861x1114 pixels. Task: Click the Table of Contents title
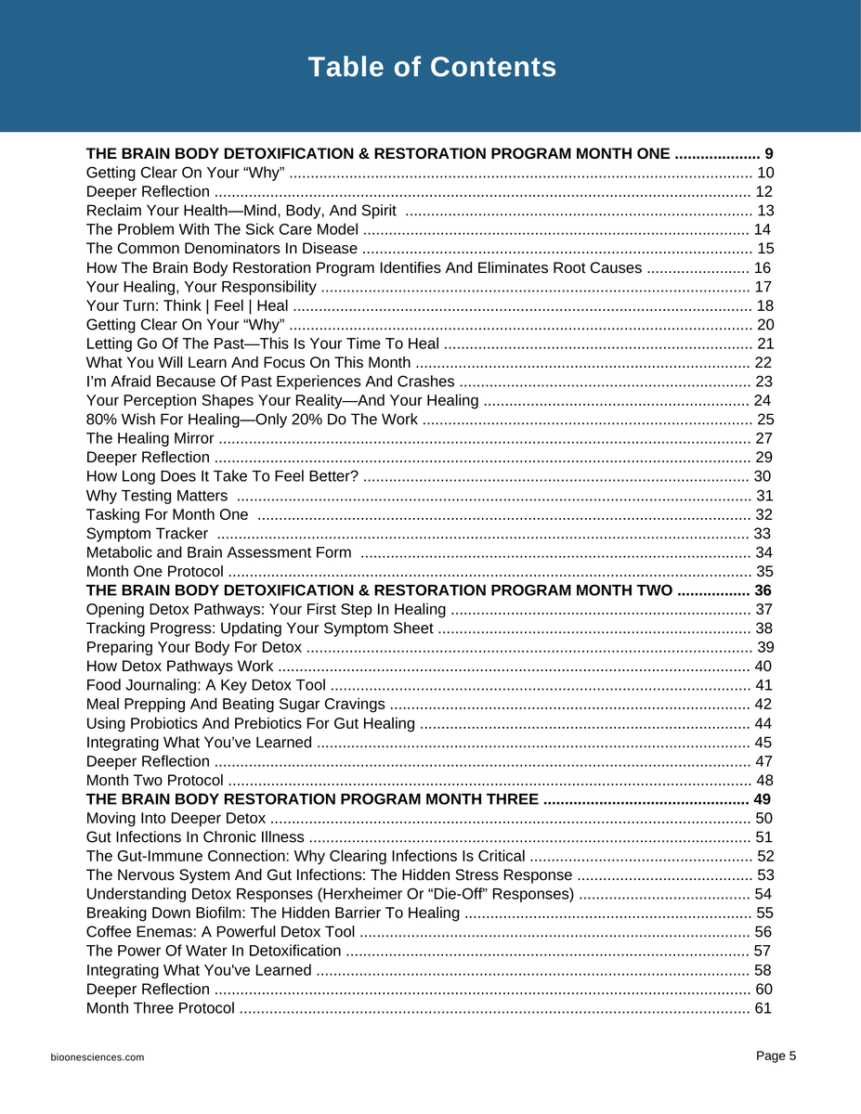click(432, 68)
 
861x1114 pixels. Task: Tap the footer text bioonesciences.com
click(98, 1057)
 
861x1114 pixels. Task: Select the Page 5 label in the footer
click(776, 1056)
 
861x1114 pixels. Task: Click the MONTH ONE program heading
click(377, 154)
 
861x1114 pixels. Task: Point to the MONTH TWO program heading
click(379, 590)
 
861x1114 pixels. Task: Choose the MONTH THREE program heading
click(312, 799)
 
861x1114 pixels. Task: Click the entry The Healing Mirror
click(150, 438)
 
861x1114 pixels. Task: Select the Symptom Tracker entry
click(147, 534)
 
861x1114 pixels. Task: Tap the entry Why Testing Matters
click(156, 496)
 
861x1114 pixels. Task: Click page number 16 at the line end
click(762, 268)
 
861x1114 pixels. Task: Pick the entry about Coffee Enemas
click(220, 932)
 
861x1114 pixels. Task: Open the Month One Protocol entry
click(154, 572)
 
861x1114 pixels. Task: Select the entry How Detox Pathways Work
click(179, 667)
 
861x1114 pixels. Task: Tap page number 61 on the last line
click(763, 1008)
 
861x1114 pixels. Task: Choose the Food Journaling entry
click(205, 686)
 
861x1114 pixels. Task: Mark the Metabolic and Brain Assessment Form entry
click(218, 553)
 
